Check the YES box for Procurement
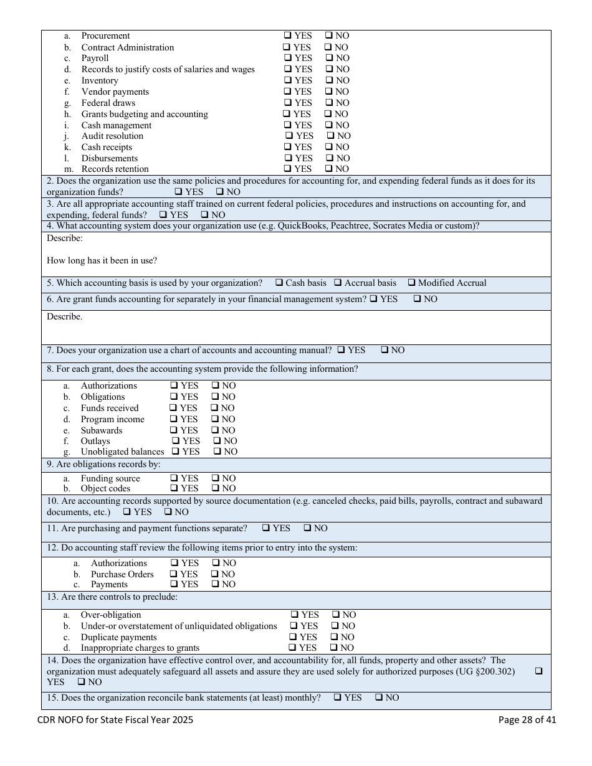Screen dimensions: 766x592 tap(288, 36)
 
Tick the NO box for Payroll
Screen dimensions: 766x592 tap(330, 59)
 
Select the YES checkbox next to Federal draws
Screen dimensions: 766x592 tap(288, 103)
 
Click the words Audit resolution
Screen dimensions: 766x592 tap(112, 136)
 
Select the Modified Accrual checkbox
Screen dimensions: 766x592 tap(411, 283)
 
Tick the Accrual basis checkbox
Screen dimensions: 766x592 tap(338, 283)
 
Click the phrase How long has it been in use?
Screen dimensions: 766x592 tap(102, 260)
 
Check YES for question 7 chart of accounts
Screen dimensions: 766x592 tap(341, 350)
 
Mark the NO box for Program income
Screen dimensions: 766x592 tap(215, 419)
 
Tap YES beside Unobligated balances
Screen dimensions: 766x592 tap(176, 452)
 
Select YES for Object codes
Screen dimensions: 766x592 tap(174, 488)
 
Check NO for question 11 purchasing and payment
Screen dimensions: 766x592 tap(307, 528)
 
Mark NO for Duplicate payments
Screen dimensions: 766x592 tap(335, 637)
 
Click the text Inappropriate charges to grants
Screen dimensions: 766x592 tap(140, 648)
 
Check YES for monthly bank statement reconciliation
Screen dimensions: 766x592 tap(337, 697)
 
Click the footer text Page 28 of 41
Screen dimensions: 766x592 tap(527, 720)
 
